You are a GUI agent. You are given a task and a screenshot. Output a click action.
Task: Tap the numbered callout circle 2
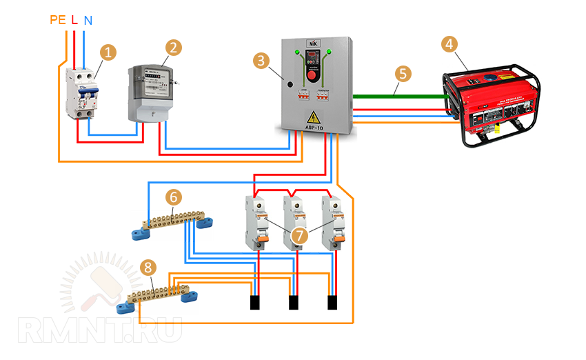[174, 48]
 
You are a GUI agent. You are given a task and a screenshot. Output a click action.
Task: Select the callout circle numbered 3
[261, 61]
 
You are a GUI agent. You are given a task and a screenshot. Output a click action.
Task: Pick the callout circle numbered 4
[449, 44]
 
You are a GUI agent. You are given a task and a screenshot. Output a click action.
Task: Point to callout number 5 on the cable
[402, 72]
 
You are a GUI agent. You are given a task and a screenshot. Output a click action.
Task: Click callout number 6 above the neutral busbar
[174, 197]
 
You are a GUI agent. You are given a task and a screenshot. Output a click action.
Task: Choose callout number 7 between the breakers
[298, 235]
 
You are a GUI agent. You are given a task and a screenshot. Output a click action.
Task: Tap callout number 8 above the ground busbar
[147, 267]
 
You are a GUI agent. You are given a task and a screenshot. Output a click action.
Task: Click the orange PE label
[58, 20]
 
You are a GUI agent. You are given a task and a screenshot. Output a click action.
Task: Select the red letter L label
[74, 20]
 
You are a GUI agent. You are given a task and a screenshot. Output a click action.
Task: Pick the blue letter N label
[88, 20]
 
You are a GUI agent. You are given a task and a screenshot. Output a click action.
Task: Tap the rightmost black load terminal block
[332, 303]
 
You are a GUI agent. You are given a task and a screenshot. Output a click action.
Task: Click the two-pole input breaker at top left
[81, 93]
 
